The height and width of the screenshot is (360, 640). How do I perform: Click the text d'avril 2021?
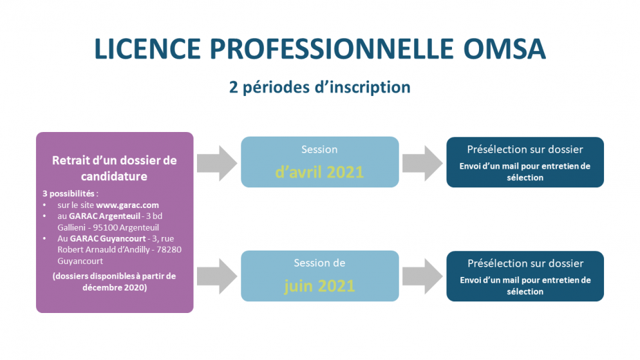tap(319, 172)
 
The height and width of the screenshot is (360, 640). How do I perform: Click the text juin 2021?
tap(319, 285)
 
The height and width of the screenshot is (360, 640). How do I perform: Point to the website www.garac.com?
tap(127, 205)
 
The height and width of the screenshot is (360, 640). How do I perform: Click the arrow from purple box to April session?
tap(217, 163)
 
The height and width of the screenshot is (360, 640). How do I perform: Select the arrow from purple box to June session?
tap(217, 276)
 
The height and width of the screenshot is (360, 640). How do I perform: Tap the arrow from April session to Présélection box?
tap(422, 163)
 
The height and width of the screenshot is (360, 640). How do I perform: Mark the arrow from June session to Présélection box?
tap(422, 276)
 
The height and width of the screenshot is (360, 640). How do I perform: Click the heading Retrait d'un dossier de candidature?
tap(114, 167)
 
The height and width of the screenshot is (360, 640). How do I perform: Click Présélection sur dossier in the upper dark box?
tap(525, 149)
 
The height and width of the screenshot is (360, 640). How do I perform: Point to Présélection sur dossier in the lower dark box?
tap(525, 263)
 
